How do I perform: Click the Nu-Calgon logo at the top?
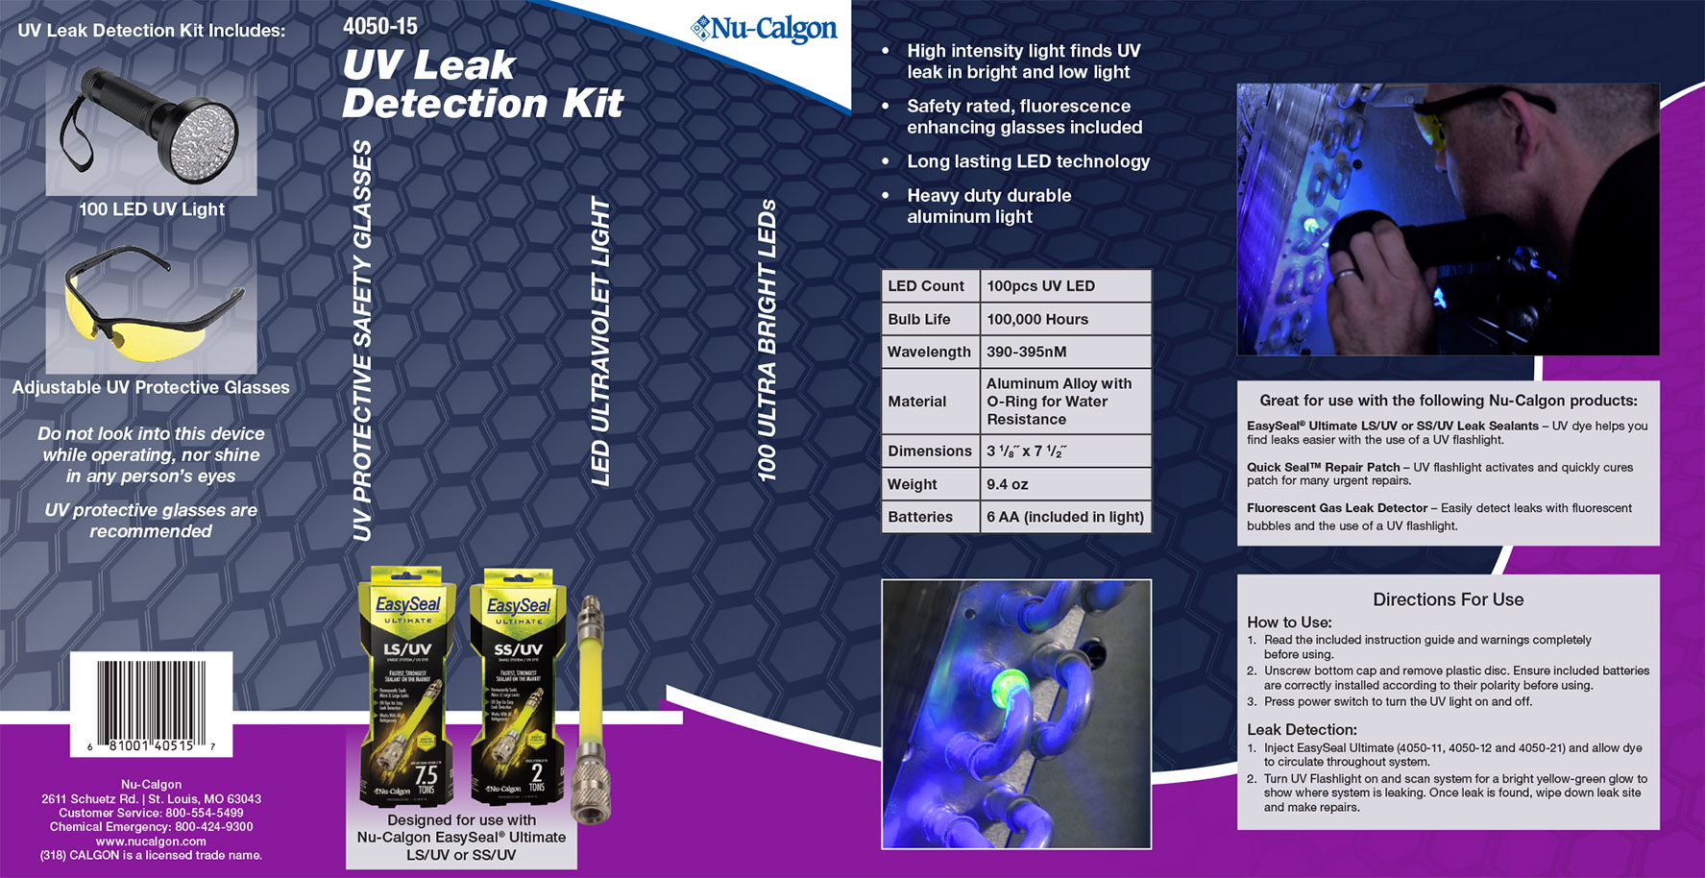765,30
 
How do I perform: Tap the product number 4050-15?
380,26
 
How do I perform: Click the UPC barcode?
151,700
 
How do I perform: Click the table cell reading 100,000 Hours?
1037,319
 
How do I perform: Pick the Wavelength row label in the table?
929,352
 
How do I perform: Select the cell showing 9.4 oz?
1008,484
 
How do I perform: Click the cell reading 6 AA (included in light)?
1064,517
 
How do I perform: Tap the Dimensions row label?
929,451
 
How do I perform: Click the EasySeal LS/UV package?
407,687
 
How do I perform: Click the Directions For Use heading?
1448,599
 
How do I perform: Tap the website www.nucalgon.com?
151,841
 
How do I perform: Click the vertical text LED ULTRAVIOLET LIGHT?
601,341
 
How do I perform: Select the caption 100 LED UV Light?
151,209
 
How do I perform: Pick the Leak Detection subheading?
1301,729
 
